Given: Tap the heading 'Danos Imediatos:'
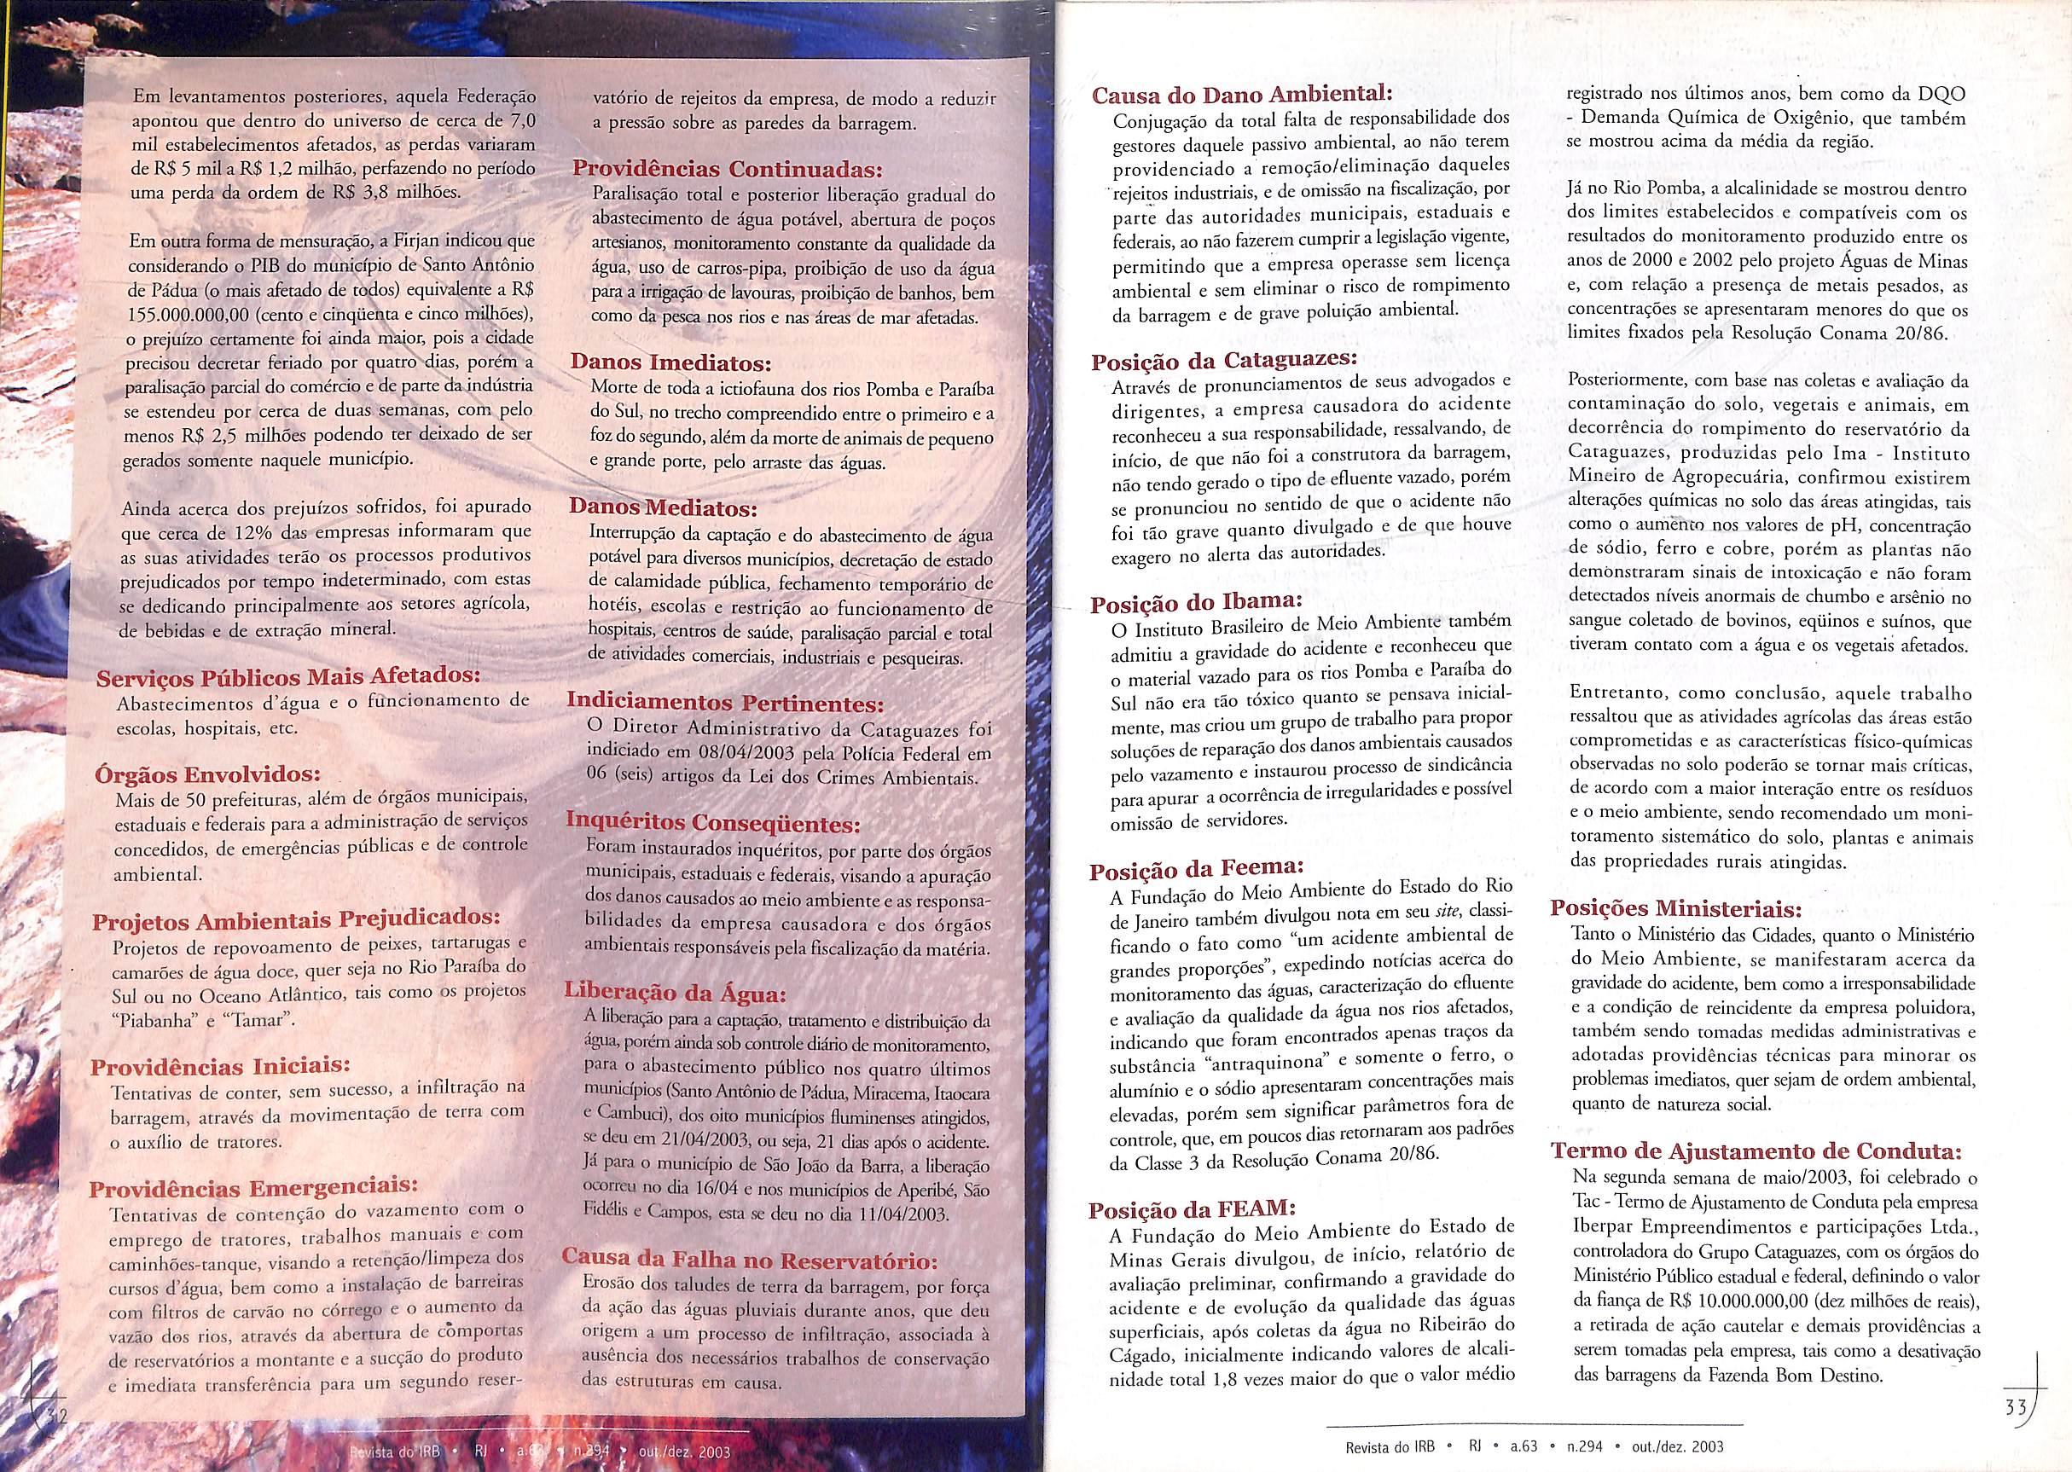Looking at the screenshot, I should (670, 363).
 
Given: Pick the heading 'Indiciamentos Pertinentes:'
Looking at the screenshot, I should (725, 703).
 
